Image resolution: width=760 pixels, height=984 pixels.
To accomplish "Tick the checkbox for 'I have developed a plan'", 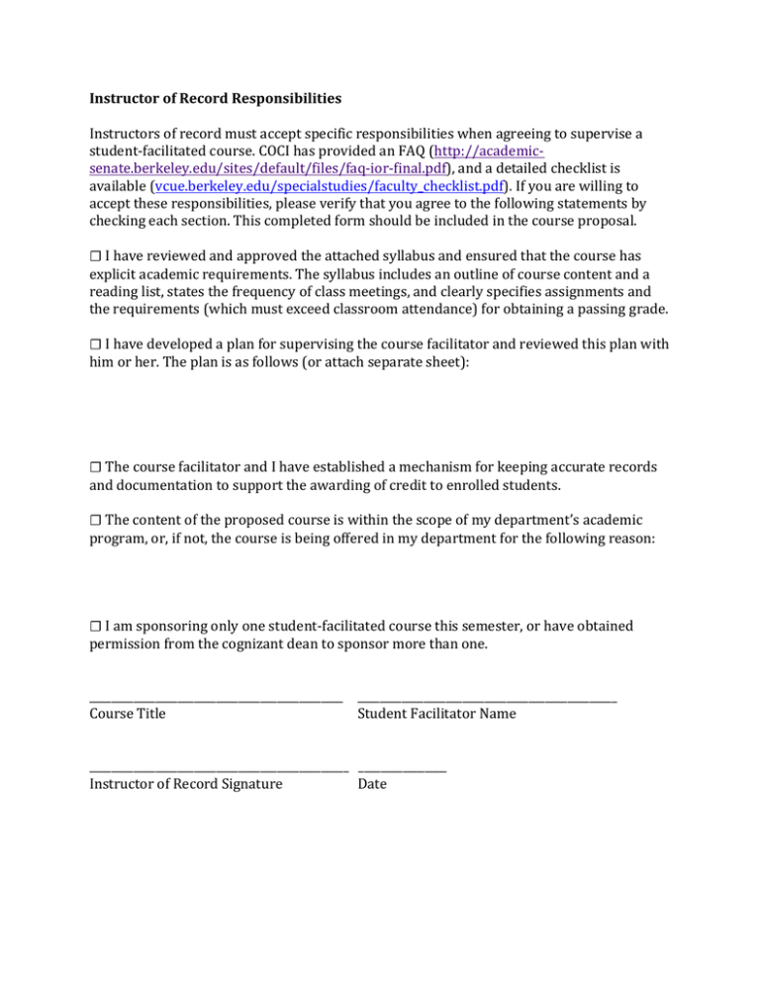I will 95,344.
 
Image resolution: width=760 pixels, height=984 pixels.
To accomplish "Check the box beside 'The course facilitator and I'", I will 95,466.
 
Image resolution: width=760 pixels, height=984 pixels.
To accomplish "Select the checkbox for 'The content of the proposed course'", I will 95,521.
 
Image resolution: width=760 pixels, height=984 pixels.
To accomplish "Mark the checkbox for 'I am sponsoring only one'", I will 95,627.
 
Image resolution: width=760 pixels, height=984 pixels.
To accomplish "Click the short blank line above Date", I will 402,771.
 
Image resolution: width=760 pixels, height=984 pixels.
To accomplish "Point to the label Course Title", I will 128,713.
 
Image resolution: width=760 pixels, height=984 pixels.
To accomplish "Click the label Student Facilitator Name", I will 436,713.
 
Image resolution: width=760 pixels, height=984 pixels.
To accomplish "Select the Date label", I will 373,784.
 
